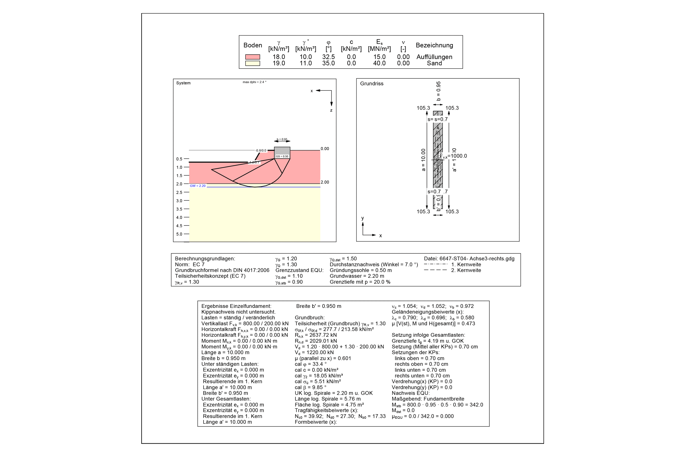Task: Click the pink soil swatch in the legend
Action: (253, 57)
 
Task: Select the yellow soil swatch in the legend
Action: (253, 63)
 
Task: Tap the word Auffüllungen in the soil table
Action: (434, 57)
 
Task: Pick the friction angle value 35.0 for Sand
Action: (328, 63)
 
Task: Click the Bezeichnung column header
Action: (434, 45)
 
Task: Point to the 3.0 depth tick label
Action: (179, 201)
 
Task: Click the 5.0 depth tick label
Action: (179, 234)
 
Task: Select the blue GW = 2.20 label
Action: (198, 186)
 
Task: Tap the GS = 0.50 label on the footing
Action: (282, 157)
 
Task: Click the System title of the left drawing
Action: (183, 83)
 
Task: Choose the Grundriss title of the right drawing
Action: (372, 84)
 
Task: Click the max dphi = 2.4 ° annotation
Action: (254, 82)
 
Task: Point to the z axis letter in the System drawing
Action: (331, 110)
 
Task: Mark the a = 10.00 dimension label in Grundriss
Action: (423, 160)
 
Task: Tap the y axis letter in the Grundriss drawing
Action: (362, 218)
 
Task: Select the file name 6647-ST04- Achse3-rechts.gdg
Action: (477, 258)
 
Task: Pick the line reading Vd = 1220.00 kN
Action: (314, 352)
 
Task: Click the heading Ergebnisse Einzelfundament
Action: (236, 306)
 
